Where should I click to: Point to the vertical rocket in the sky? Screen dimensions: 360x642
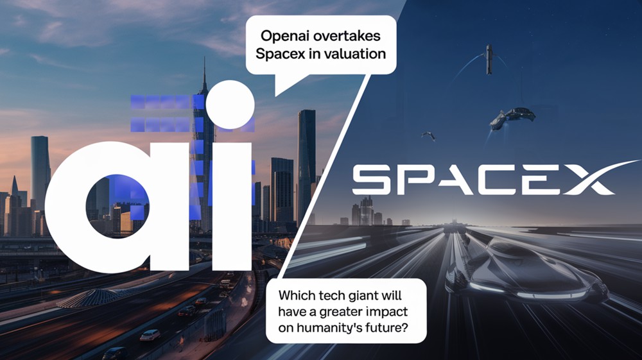click(489, 59)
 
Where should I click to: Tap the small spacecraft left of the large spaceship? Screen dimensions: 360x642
click(428, 135)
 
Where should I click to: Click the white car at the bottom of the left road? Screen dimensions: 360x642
click(150, 335)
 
